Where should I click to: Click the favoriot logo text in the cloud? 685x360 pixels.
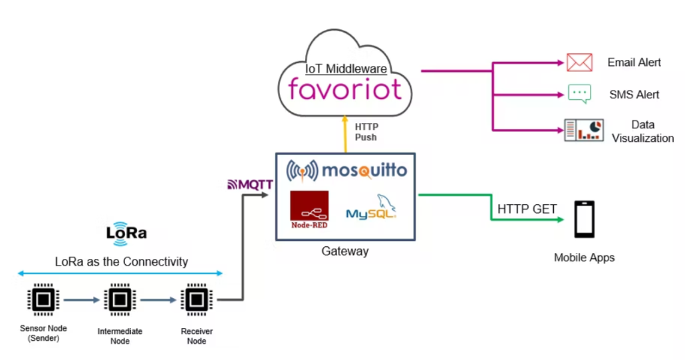tap(345, 89)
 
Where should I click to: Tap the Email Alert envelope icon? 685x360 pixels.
tap(579, 63)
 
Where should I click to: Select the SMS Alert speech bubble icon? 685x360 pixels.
tap(579, 94)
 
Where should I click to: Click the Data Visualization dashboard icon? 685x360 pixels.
tap(583, 130)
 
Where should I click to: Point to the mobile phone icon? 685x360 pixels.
tap(584, 220)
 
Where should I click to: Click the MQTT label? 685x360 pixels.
tap(250, 184)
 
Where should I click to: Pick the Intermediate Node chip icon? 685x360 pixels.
tap(119, 300)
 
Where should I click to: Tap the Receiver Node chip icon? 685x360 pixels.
tap(196, 300)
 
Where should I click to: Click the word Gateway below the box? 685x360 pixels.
tap(344, 252)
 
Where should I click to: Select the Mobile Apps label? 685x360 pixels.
tap(584, 258)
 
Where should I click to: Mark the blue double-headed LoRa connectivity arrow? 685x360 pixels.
tap(120, 273)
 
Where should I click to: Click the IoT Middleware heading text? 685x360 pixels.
tap(346, 69)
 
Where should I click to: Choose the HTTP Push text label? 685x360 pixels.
tap(366, 132)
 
